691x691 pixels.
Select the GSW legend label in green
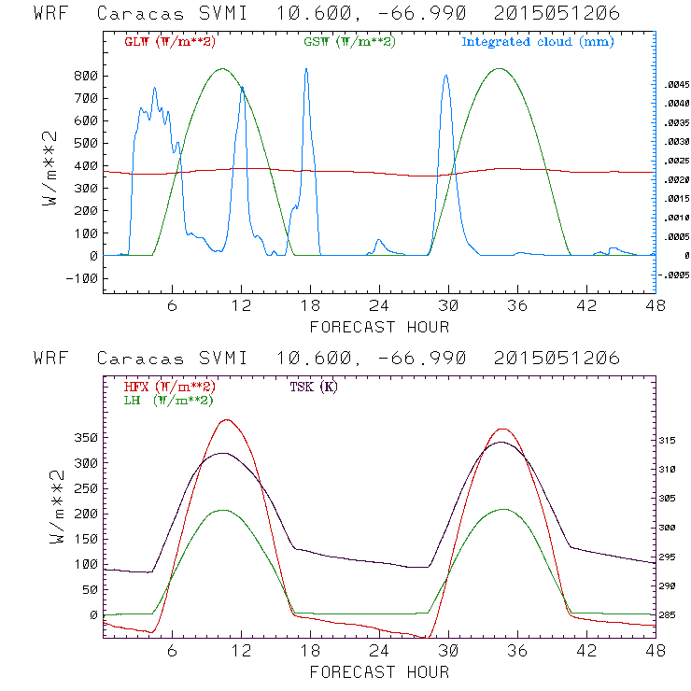349,42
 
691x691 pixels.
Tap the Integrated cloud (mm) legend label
538,42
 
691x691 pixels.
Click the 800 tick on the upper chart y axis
86,76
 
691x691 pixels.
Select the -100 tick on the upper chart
83,278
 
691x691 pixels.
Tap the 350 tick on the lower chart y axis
86,438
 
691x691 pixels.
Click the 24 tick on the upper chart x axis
379,305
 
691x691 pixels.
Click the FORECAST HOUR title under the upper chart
379,327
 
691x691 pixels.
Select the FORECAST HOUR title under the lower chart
379,671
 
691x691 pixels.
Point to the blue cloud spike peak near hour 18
305,69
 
